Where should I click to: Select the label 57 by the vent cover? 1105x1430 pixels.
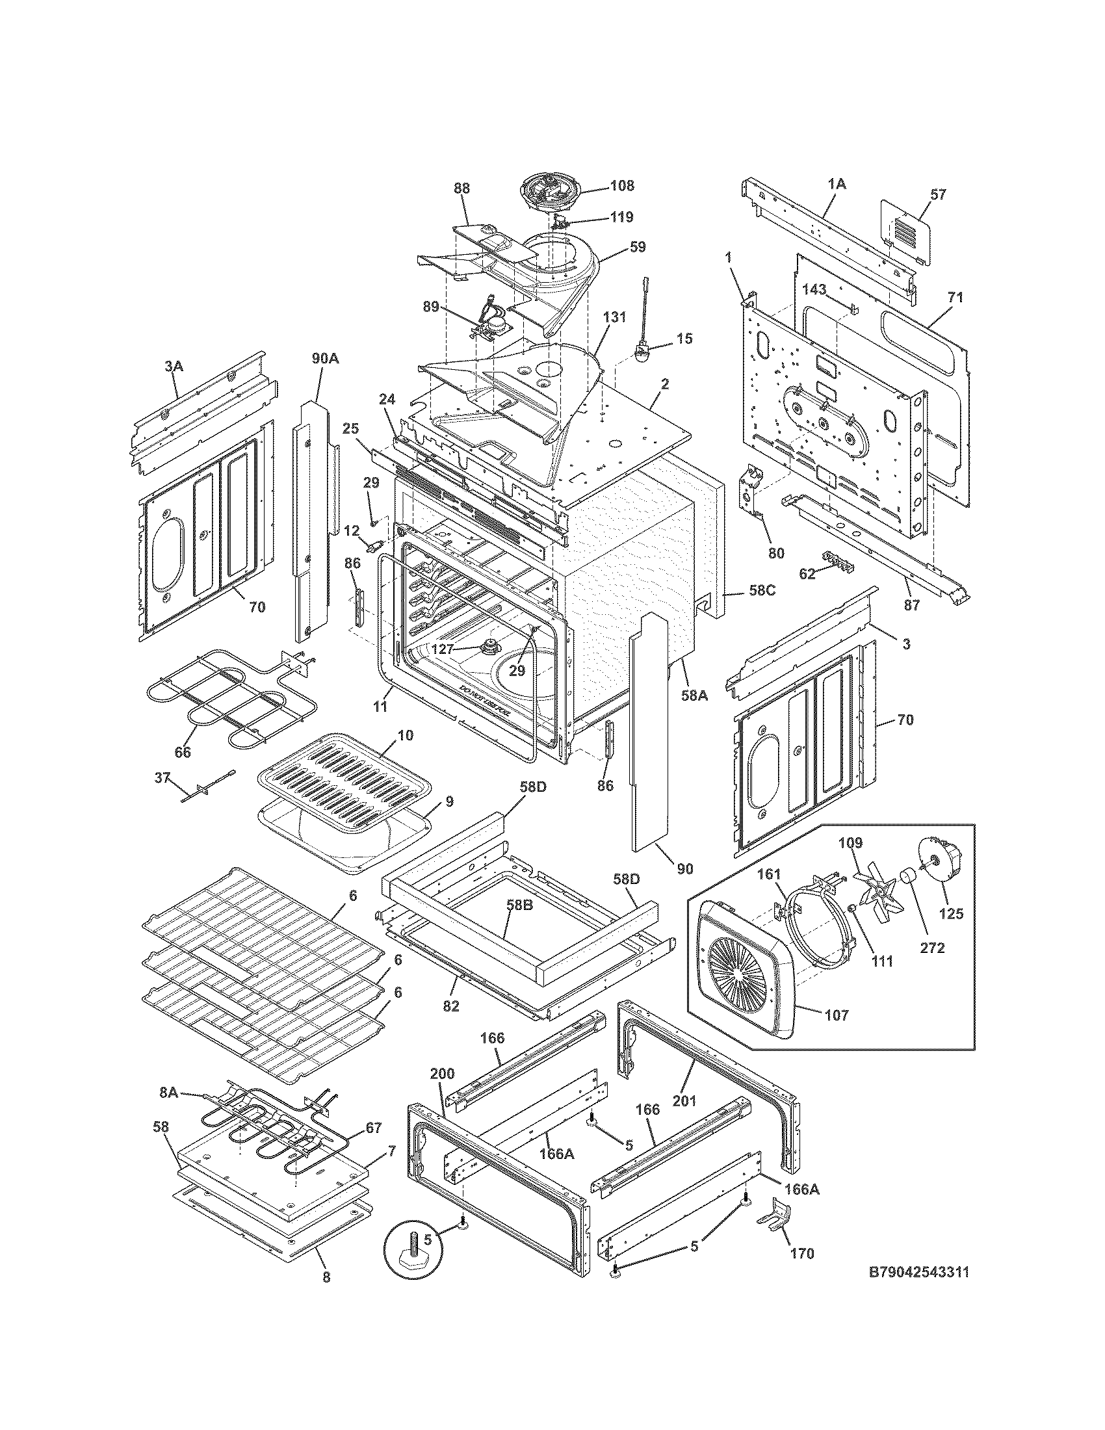coord(938,194)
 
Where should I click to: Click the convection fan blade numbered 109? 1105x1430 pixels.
coord(876,886)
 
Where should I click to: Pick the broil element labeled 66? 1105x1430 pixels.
coord(229,701)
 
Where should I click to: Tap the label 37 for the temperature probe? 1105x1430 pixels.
coord(162,777)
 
